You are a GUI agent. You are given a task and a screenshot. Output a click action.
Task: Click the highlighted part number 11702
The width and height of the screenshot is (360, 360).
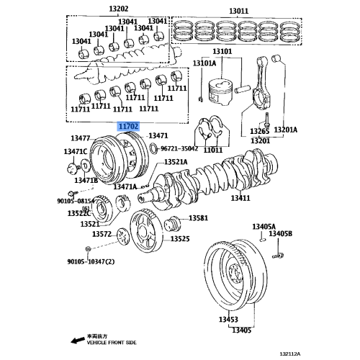coord(128,125)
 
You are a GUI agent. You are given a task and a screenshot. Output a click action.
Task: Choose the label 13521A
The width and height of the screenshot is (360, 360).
coord(176,163)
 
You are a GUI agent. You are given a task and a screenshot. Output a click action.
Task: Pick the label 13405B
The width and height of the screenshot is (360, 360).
coord(281,234)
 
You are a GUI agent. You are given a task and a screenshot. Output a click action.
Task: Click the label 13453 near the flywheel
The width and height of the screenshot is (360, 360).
coord(228,319)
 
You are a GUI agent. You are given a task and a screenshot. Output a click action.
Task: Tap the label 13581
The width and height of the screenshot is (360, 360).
coord(198,218)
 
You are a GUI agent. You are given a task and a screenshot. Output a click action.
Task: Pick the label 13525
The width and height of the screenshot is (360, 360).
coord(180,238)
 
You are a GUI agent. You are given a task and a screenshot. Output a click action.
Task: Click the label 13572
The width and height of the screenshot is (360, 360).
coord(102,234)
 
